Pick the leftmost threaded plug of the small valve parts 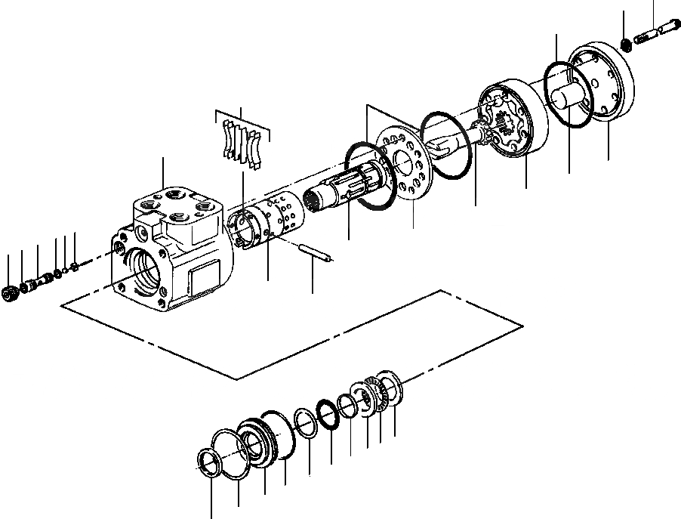(x=11, y=294)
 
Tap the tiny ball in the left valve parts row (x=67, y=268)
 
